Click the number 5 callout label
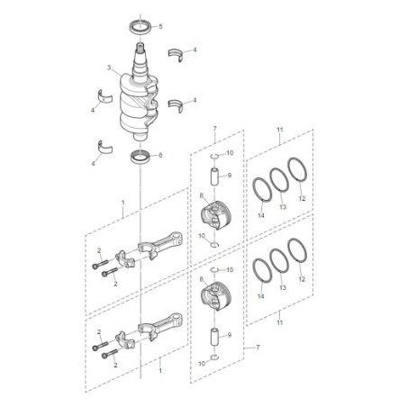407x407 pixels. (x=161, y=27)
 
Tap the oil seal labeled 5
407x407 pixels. (x=141, y=24)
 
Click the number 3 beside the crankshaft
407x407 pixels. (x=108, y=68)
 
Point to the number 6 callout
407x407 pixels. (x=161, y=155)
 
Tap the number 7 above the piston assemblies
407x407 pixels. (x=215, y=131)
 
